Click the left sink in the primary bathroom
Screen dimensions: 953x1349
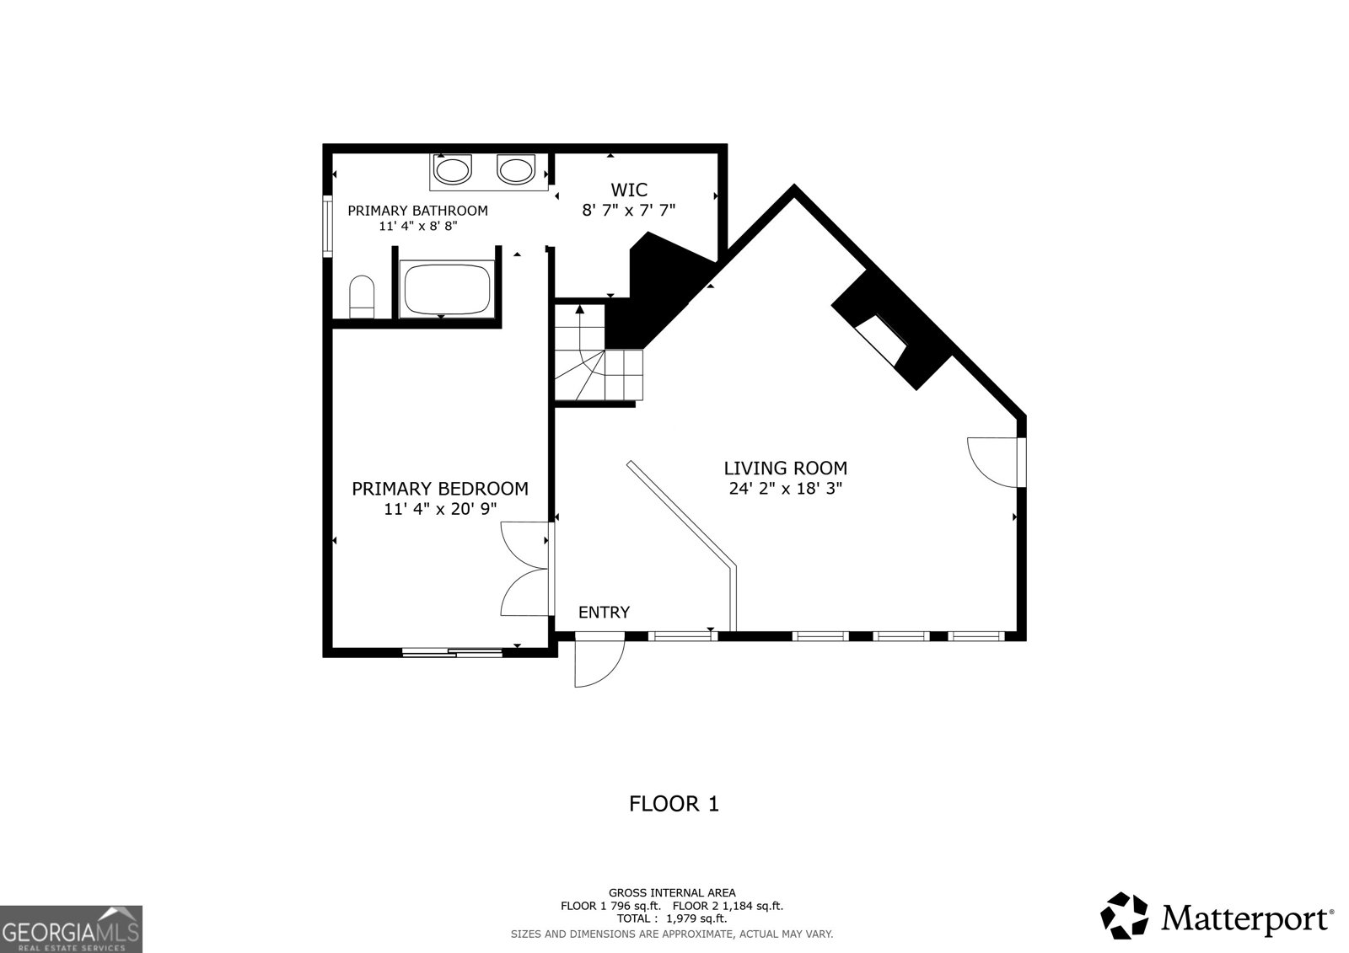tap(453, 171)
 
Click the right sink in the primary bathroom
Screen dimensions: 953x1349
tap(515, 171)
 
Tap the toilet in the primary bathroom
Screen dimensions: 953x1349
tap(362, 297)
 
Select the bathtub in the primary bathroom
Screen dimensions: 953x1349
tap(447, 288)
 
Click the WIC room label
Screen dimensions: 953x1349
tap(629, 190)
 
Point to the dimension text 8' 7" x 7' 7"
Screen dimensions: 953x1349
tap(629, 211)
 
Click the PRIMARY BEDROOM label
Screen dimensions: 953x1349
tap(439, 489)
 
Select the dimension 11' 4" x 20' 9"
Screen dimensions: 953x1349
tap(439, 509)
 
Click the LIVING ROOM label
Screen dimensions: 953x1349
tap(785, 468)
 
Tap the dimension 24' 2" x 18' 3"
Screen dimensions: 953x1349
tap(785, 489)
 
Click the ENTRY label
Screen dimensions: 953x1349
tap(604, 613)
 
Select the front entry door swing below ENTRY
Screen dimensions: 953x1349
tap(597, 662)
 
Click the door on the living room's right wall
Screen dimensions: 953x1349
tap(995, 461)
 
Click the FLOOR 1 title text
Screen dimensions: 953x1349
tap(674, 804)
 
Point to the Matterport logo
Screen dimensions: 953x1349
tap(1217, 917)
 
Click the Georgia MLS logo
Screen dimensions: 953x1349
tap(71, 929)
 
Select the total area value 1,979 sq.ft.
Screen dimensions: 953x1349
tap(693, 918)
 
